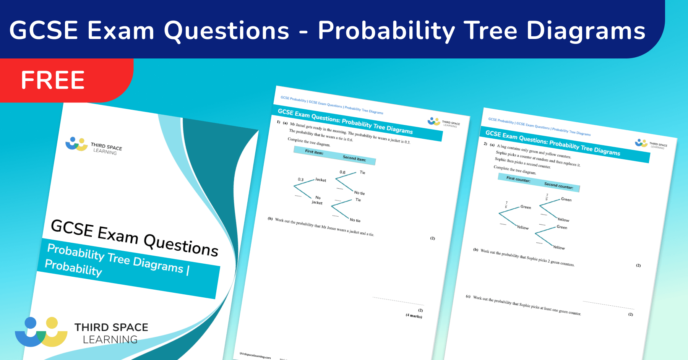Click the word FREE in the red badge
(53, 80)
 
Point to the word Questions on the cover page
(181, 245)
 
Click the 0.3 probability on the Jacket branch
(301, 179)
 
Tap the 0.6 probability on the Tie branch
(342, 172)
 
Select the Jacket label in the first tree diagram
(321, 180)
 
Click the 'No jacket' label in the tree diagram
(317, 200)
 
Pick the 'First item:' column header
(314, 152)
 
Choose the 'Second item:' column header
(354, 158)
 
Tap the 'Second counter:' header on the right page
(558, 186)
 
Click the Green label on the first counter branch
(526, 207)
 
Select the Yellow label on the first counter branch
(522, 227)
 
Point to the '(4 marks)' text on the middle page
(414, 316)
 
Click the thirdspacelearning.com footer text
(255, 355)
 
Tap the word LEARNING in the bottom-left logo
(110, 339)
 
